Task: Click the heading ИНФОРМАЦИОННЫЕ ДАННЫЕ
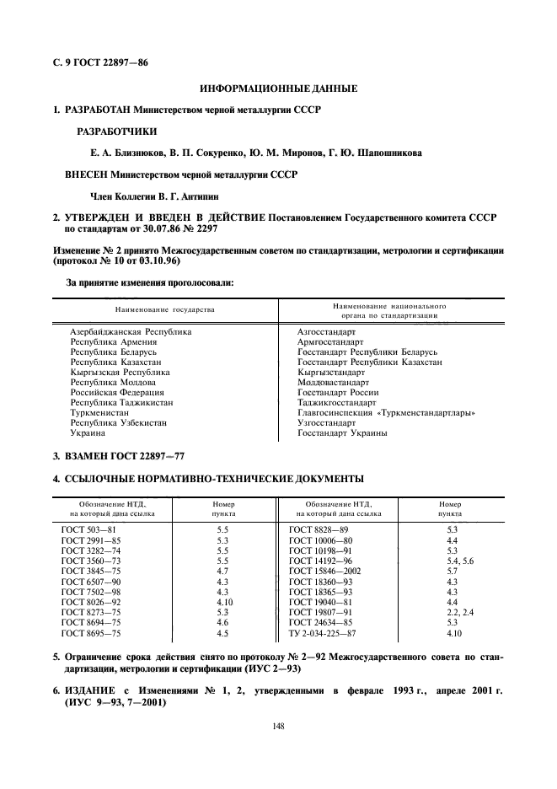pyautogui.click(x=278, y=89)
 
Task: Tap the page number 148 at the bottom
pyautogui.click(x=279, y=724)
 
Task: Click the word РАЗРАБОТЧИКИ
pyautogui.click(x=116, y=131)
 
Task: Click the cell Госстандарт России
pyautogui.click(x=338, y=392)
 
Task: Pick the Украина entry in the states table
pyautogui.click(x=88, y=433)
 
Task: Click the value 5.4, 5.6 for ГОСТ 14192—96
pyautogui.click(x=460, y=560)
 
